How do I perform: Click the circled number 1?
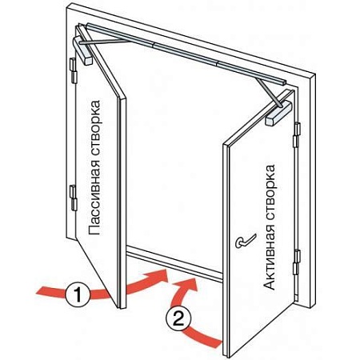(78, 294)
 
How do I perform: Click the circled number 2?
(178, 318)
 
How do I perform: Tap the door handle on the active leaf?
(246, 241)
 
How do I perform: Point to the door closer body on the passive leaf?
(82, 50)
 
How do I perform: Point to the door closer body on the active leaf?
(279, 113)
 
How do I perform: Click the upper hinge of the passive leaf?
(73, 70)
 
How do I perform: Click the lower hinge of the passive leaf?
(73, 198)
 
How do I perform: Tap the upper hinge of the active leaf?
(297, 134)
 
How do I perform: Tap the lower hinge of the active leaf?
(297, 262)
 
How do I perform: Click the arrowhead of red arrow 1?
(158, 277)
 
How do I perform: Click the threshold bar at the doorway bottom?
(174, 263)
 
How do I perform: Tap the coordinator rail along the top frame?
(186, 54)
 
